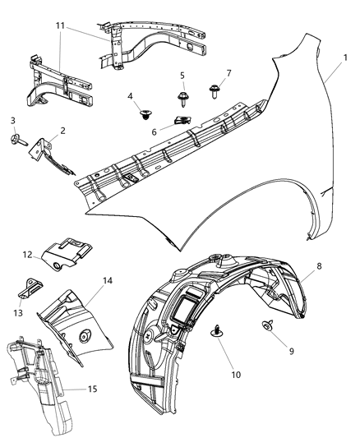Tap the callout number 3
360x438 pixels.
point(13,122)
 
